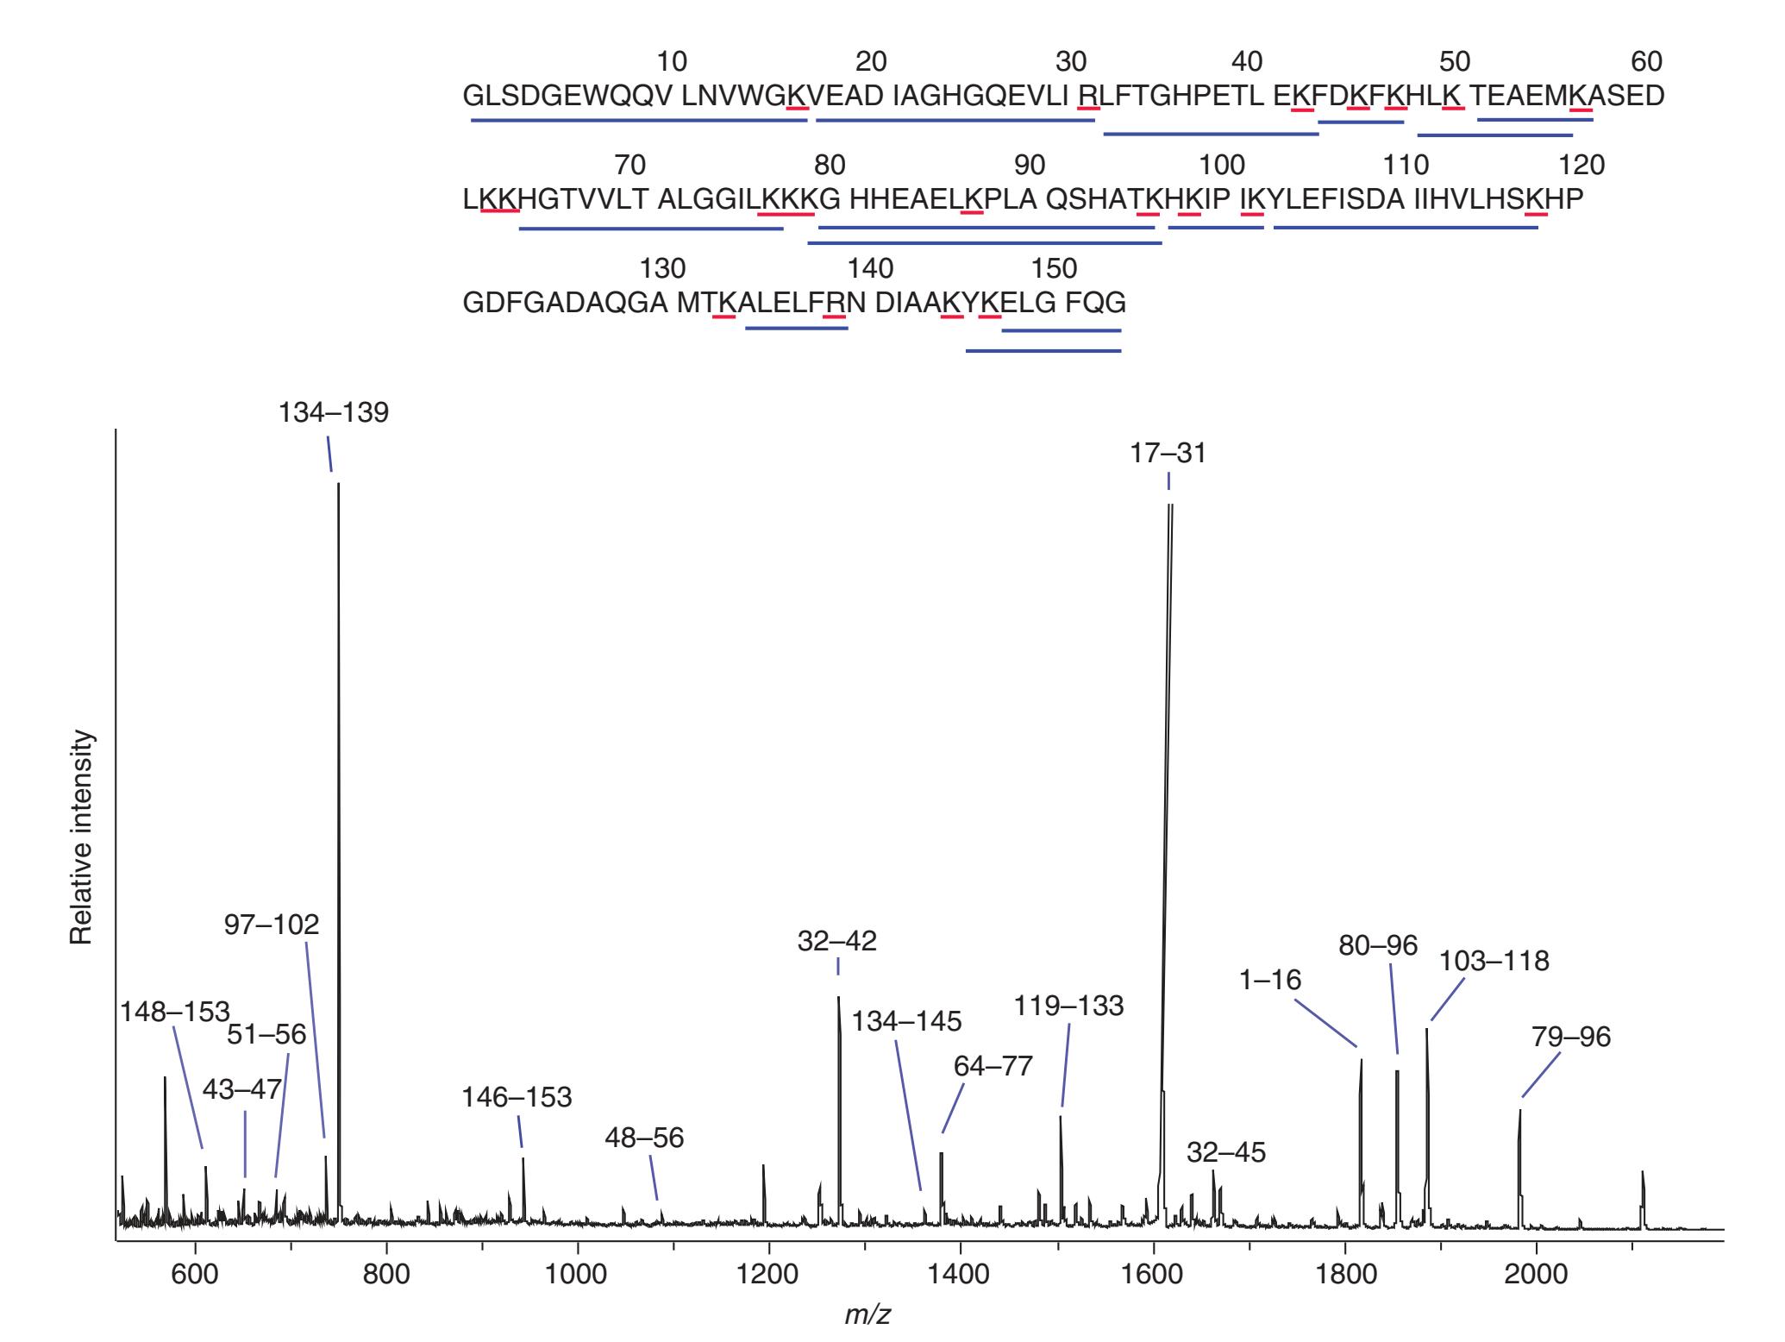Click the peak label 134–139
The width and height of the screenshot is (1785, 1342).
[333, 412]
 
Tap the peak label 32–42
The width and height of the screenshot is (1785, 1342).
[836, 941]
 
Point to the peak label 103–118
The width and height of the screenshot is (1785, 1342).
[1494, 961]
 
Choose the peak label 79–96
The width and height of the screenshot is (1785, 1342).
[1570, 1037]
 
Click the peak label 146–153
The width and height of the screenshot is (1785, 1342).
[517, 1097]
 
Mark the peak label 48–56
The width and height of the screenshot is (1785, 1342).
[644, 1138]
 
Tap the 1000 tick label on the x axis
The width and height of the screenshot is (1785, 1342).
[577, 1275]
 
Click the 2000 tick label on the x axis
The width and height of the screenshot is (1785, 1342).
[1535, 1275]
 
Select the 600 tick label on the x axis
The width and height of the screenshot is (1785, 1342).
[195, 1275]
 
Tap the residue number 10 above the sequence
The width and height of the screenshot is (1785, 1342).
[672, 62]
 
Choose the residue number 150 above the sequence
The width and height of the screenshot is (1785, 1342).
[1055, 269]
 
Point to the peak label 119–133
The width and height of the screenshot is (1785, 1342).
[1068, 1006]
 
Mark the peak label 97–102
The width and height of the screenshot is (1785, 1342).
[272, 925]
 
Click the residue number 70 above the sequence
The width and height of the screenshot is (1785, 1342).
[630, 165]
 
